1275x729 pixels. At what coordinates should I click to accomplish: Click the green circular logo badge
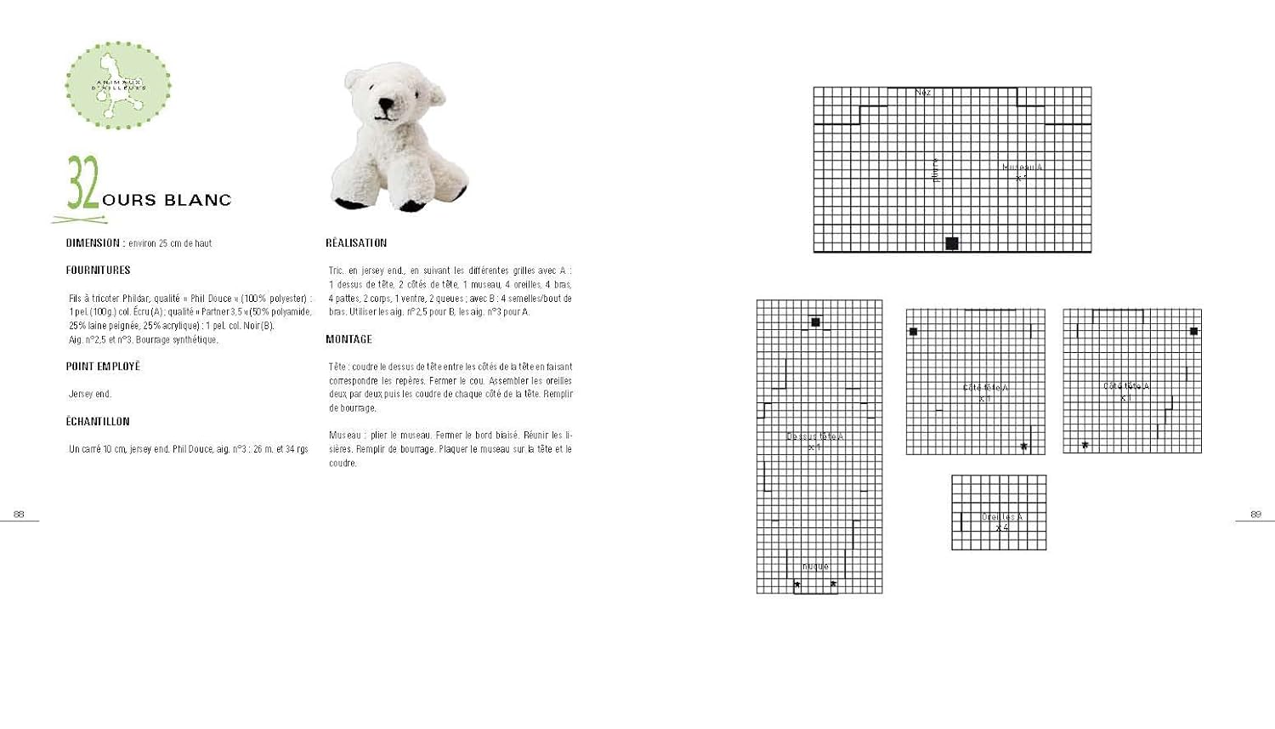click(x=118, y=85)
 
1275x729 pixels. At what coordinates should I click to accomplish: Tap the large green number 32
click(x=83, y=183)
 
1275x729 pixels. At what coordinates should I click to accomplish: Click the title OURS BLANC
click(x=167, y=201)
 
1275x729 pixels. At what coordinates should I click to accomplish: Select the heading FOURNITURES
click(x=98, y=271)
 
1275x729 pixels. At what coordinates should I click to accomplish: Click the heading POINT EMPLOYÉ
click(x=103, y=367)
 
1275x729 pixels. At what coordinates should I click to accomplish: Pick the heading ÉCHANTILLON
click(x=98, y=422)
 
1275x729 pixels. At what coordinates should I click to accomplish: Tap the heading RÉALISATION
click(x=356, y=243)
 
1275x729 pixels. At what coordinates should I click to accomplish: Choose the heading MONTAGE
click(x=348, y=339)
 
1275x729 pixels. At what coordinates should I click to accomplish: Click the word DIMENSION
click(x=93, y=243)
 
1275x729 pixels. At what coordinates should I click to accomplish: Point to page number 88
click(x=19, y=514)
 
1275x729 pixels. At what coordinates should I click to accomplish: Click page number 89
click(x=1255, y=514)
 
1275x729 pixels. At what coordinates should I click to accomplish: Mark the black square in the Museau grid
click(x=952, y=243)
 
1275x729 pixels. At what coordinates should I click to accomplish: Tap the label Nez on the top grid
click(x=923, y=92)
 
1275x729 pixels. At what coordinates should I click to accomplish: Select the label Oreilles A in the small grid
click(x=1002, y=517)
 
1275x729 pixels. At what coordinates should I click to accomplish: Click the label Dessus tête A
click(x=814, y=437)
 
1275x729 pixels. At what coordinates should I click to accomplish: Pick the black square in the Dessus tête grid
click(x=815, y=322)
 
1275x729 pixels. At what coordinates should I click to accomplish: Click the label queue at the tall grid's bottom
click(x=815, y=567)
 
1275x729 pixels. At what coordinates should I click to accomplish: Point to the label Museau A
click(x=1022, y=168)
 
